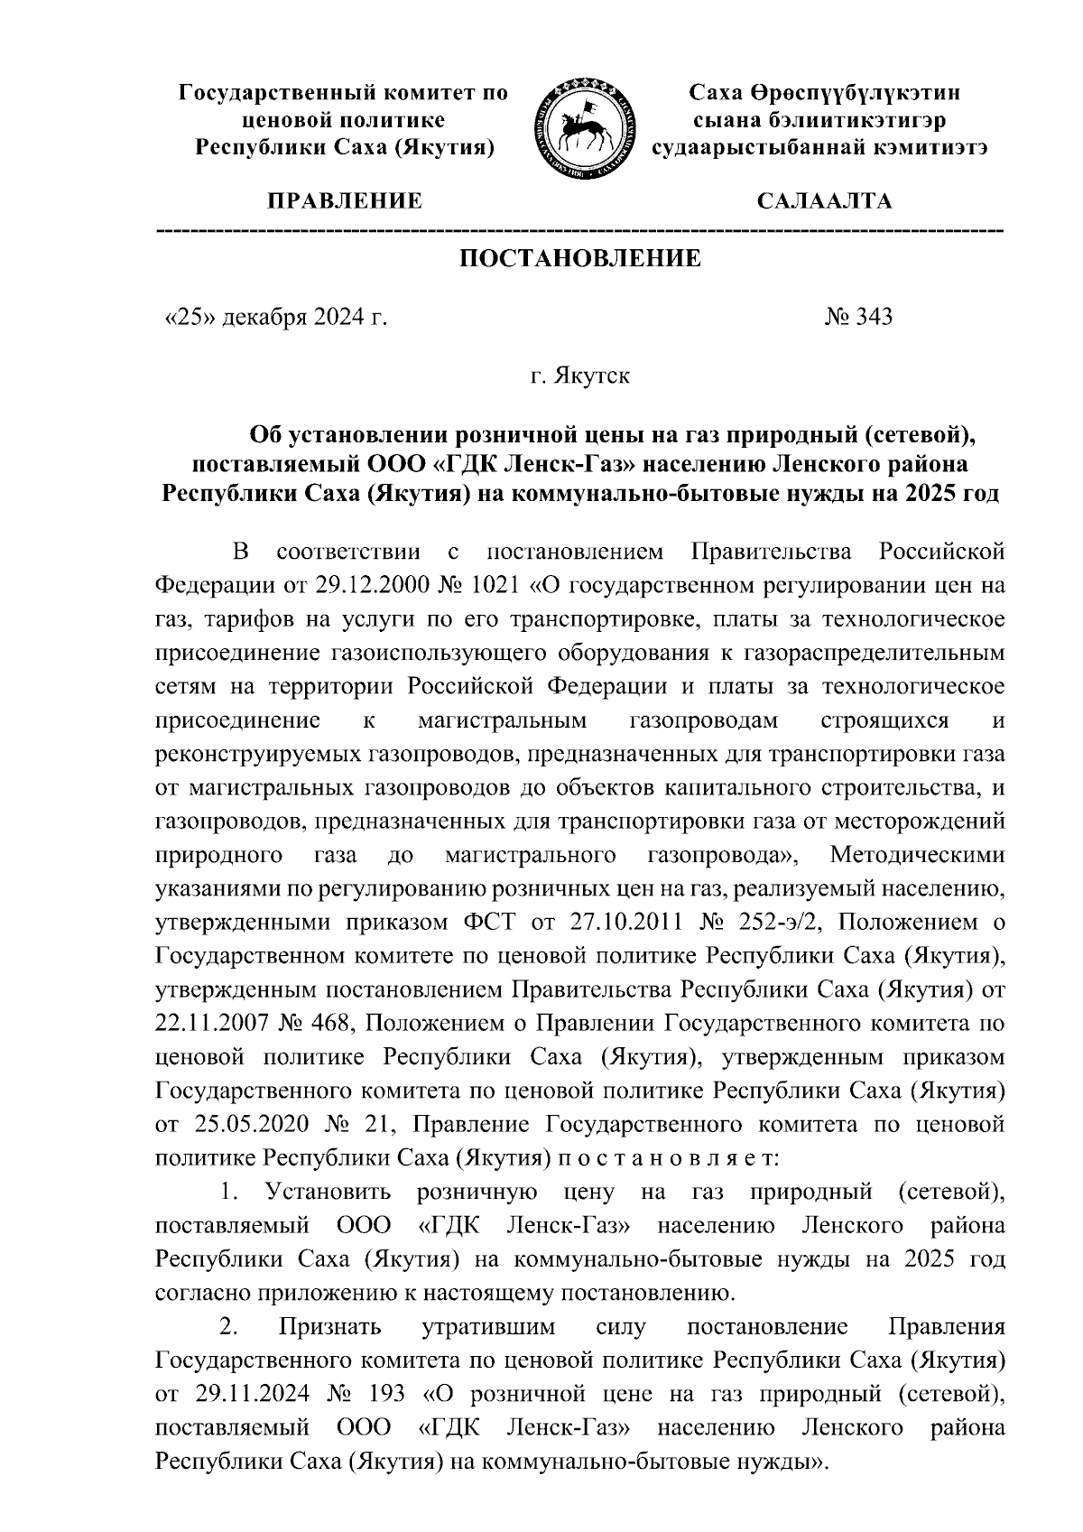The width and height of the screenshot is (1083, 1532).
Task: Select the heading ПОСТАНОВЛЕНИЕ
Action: pos(580,260)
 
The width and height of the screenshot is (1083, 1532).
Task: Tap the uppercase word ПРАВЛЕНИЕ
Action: pos(342,200)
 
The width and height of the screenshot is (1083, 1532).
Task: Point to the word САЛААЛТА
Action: pos(823,200)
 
